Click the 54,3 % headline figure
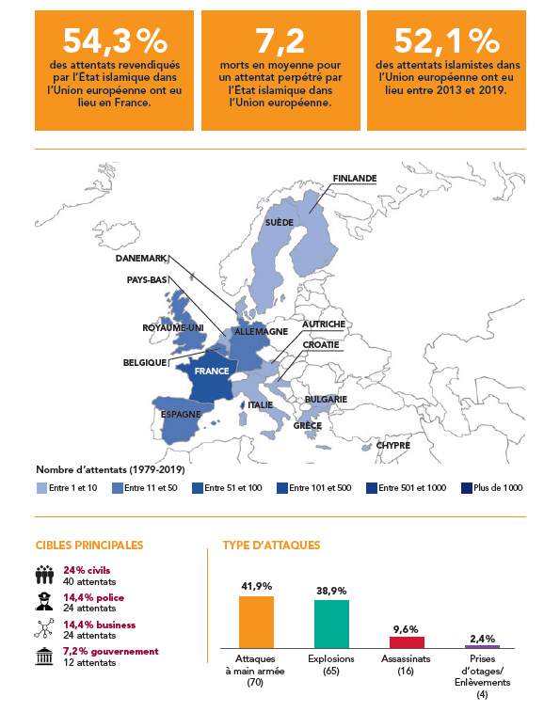click(115, 40)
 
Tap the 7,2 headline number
click(280, 40)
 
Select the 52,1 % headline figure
click(447, 40)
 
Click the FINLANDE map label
click(355, 179)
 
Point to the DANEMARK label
click(141, 259)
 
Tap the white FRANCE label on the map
click(212, 372)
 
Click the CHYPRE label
click(393, 446)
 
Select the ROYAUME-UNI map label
click(173, 328)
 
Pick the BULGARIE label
click(326, 399)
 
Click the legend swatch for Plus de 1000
click(467, 488)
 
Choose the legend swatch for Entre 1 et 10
click(41, 488)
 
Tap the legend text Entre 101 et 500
click(320, 488)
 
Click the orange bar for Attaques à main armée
click(256, 622)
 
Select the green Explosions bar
click(332, 624)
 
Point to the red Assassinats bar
click(407, 642)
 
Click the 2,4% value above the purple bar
click(482, 639)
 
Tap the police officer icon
click(44, 602)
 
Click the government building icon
click(44, 657)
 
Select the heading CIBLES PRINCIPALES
click(89, 546)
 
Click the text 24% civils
click(87, 570)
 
